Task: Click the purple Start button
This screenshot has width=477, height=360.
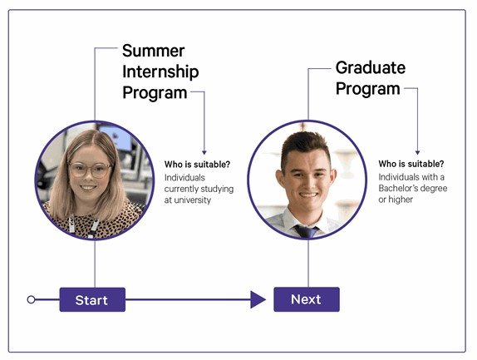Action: pos(92,300)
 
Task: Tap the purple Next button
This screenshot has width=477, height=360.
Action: pos(307,299)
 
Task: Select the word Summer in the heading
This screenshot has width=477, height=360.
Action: pos(154,51)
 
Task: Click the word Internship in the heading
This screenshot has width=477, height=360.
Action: pos(160,72)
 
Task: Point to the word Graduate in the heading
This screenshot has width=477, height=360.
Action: pos(371,67)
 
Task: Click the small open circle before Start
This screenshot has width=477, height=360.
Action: pos(32,299)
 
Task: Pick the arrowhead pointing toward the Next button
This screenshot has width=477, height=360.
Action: pos(258,299)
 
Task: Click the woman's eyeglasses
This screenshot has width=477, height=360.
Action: pos(90,170)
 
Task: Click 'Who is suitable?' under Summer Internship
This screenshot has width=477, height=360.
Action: pos(197,164)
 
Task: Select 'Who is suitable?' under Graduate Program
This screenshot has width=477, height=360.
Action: pos(411,164)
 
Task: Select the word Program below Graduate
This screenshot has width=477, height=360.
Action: pos(368,88)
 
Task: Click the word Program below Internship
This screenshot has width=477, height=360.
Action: pos(155,92)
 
